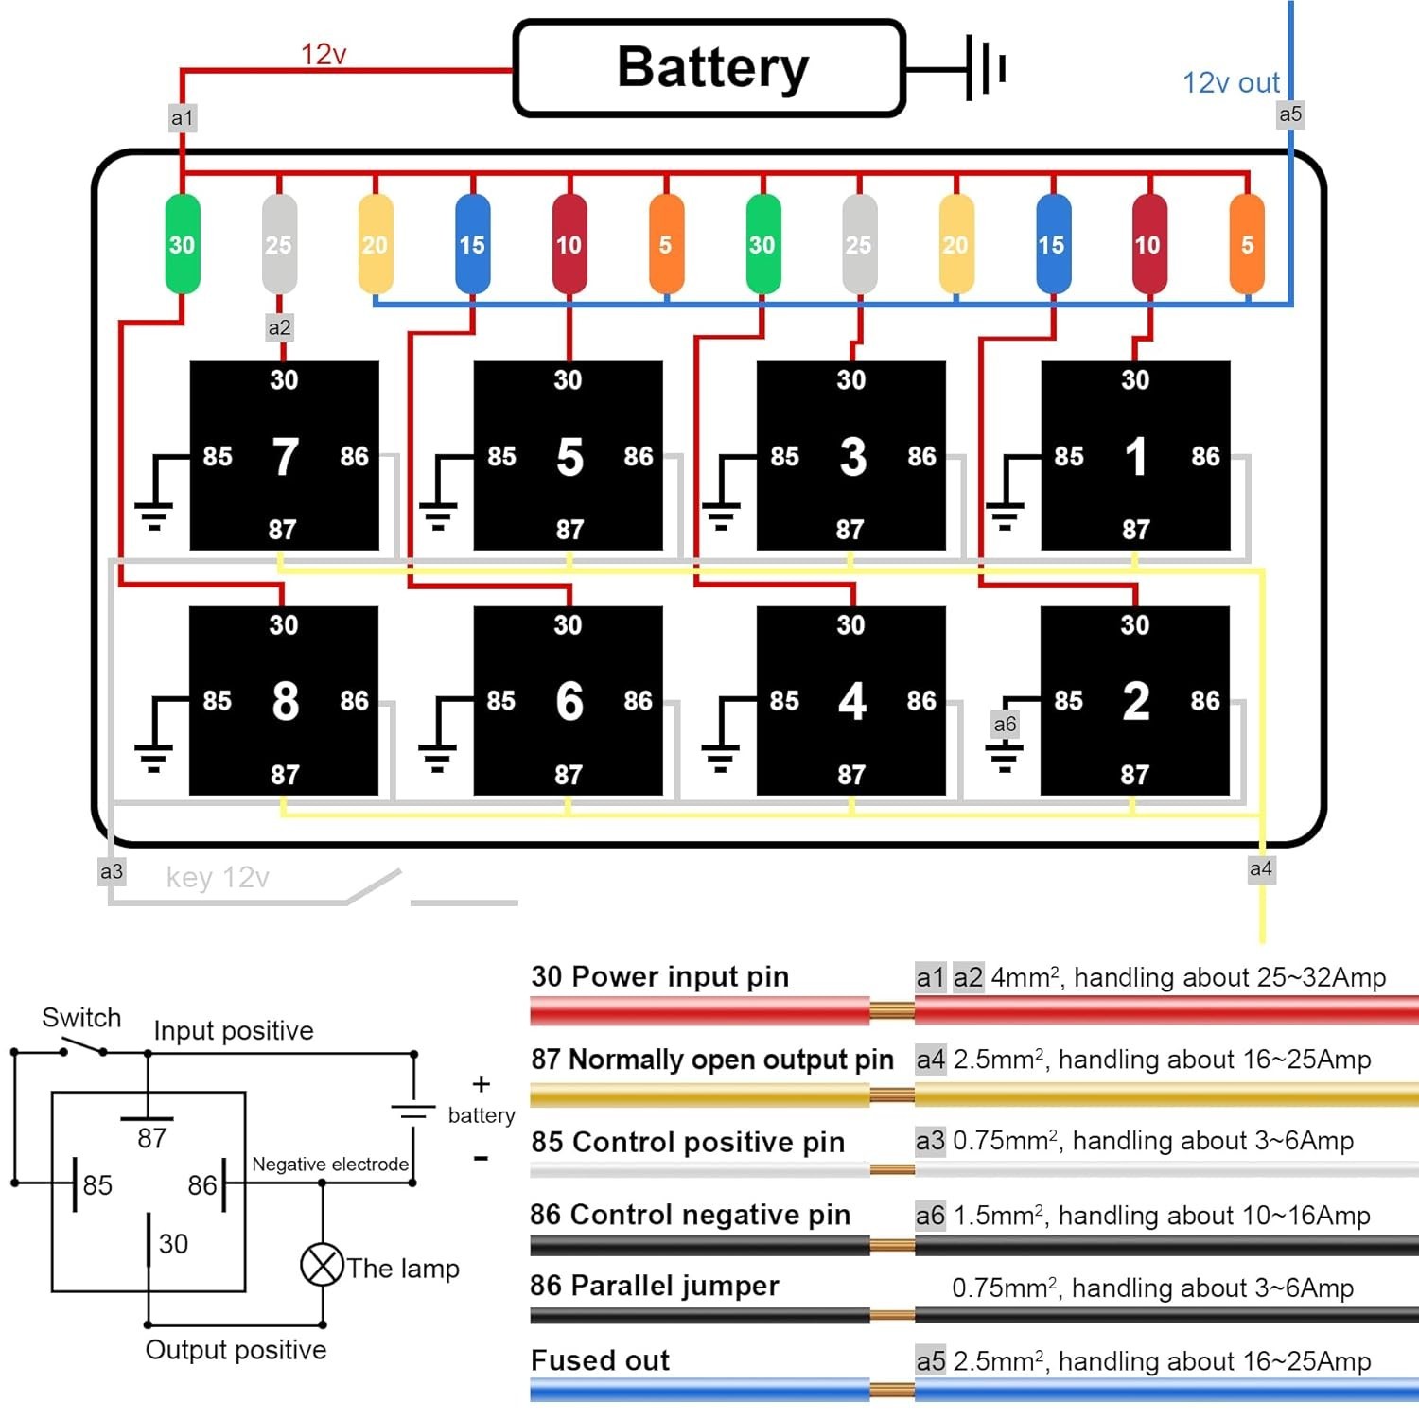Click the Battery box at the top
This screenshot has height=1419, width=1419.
pos(709,68)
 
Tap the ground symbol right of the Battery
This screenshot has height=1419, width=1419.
pos(984,68)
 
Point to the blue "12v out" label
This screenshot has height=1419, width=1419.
pos(1231,83)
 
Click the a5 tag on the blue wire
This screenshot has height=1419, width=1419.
pos(1290,114)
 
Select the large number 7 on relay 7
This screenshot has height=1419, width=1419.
pos(285,457)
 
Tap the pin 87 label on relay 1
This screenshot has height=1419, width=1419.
pos(1135,530)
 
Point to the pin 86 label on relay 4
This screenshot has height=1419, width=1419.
pos(921,701)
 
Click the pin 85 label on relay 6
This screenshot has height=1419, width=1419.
pos(501,701)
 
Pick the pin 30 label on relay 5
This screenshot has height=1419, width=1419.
pos(568,380)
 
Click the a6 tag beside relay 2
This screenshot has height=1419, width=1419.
pos(1005,725)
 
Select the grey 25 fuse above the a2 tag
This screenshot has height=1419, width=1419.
pos(279,244)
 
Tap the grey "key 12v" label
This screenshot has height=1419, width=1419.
pos(218,878)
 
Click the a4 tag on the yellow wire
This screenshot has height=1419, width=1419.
pos(1261,869)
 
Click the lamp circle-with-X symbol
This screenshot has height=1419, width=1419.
pos(322,1265)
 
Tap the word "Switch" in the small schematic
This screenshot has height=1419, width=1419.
pos(81,1018)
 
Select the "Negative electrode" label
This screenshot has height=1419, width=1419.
pos(330,1165)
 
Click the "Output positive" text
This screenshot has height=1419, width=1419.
pos(236,1350)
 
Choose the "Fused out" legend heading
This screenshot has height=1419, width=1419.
pos(600,1360)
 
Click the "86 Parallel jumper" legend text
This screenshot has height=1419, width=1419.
pos(655,1286)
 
